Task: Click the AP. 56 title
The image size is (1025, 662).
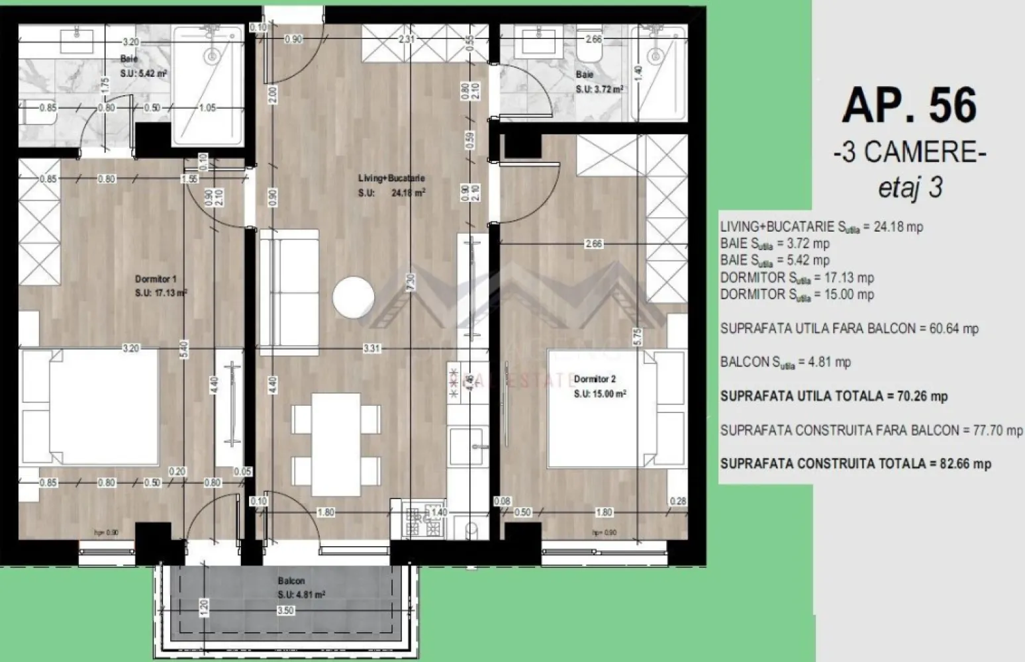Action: pos(909,106)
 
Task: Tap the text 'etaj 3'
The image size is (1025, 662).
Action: pos(910,188)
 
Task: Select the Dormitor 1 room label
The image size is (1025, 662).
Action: pos(156,279)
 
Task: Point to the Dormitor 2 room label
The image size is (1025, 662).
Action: pos(595,379)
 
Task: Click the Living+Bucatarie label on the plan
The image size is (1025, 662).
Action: pos(400,178)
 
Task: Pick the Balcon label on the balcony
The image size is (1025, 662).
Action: pos(291,581)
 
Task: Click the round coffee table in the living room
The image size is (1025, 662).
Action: pos(354,298)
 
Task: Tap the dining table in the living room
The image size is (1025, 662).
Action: pos(336,444)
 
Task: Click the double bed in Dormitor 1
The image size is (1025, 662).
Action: pos(91,407)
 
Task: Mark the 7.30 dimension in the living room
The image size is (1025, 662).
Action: pos(411,282)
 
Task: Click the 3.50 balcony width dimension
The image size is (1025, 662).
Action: pos(285,610)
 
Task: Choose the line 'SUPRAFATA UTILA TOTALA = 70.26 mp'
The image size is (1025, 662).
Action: pos(834,397)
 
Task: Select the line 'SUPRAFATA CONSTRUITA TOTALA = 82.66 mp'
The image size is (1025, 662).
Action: pos(855,463)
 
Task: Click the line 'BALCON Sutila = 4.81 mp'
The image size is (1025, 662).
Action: pos(785,362)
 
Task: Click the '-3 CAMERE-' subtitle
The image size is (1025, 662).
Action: pos(910,153)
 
